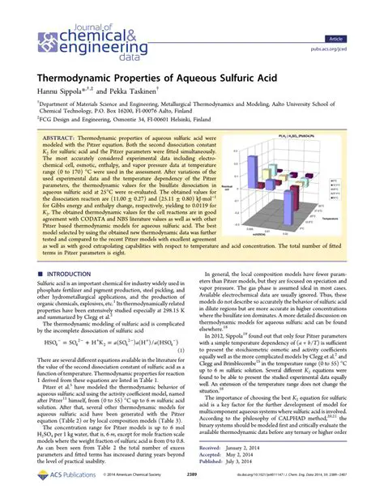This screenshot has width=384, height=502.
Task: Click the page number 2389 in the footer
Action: point(189,485)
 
